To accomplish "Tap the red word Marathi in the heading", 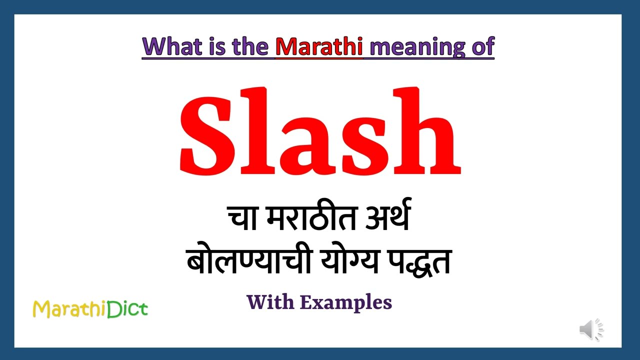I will [319, 46].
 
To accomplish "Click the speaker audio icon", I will [591, 329].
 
